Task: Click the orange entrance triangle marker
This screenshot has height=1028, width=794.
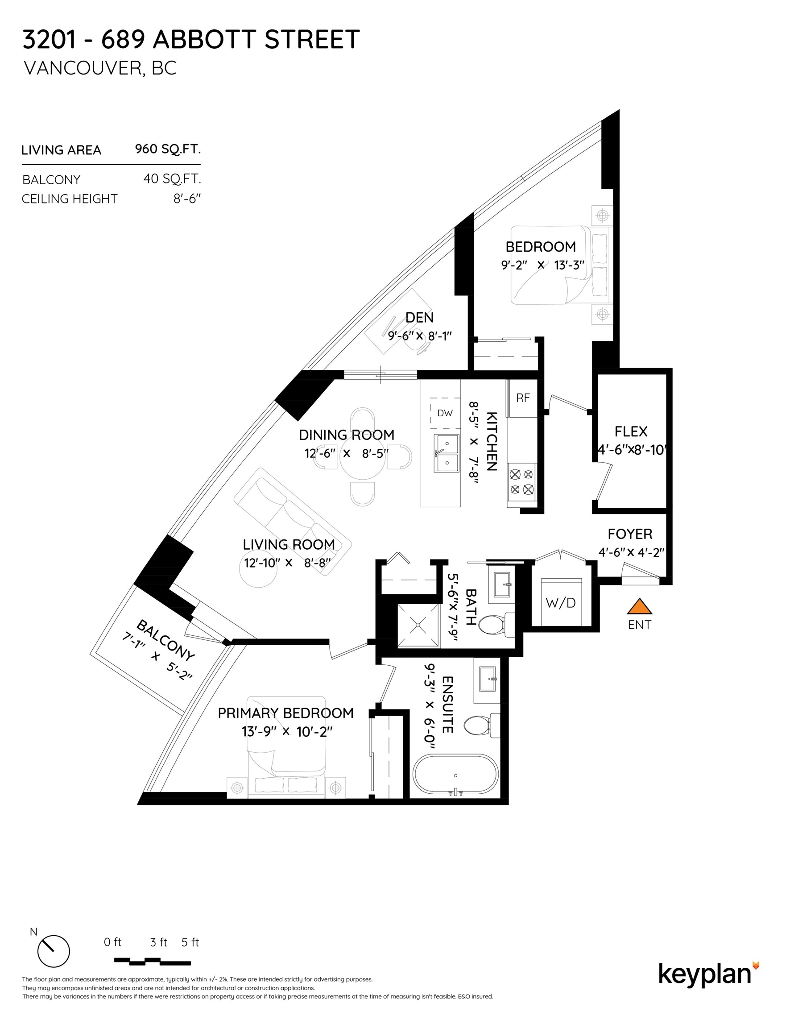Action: click(639, 607)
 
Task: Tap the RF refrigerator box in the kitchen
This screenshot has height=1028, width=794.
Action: click(522, 398)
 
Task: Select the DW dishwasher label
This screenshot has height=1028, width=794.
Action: click(445, 413)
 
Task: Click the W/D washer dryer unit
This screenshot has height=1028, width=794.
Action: click(561, 602)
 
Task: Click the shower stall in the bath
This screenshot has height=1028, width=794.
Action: click(418, 625)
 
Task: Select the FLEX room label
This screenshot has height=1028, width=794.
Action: click(631, 431)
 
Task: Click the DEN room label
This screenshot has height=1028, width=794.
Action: click(419, 318)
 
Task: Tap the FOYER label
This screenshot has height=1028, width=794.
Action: click(630, 534)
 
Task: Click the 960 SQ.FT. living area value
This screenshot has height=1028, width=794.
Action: click(168, 149)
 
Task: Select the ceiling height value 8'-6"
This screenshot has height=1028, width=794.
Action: click(187, 199)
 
